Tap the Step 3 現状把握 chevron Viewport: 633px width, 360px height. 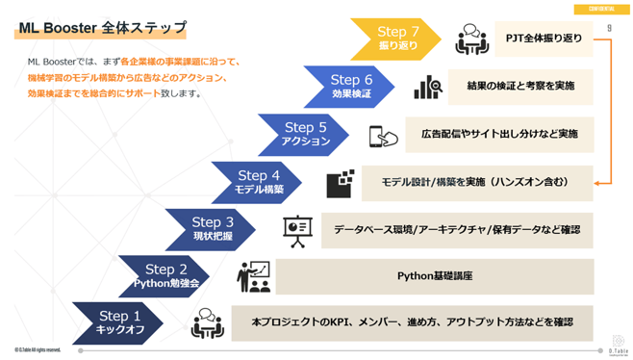(212, 229)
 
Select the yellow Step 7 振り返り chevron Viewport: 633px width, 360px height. (395, 39)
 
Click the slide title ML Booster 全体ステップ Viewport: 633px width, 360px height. (102, 29)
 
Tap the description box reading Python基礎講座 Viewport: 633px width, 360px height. (434, 276)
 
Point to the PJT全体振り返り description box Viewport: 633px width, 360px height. (544, 39)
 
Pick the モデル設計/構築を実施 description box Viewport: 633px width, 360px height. (474, 182)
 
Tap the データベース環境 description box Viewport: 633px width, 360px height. (456, 229)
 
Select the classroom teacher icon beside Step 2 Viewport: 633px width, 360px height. (254, 276)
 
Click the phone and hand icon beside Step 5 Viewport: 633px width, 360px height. (383, 136)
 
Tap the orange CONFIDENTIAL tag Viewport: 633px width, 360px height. (602, 8)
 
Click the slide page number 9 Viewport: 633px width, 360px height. (609, 28)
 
